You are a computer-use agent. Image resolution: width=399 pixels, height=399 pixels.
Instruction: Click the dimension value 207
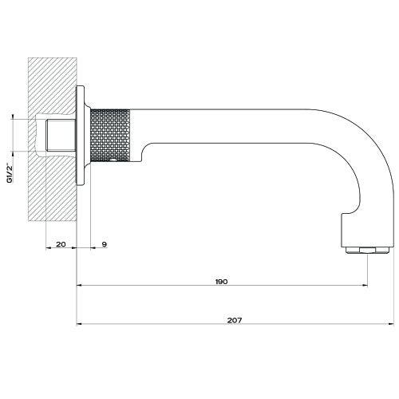pyautogui.click(x=233, y=319)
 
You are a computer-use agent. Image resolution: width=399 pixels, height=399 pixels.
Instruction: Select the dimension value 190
pyautogui.click(x=221, y=280)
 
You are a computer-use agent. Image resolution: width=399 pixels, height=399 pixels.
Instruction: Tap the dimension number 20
pyautogui.click(x=61, y=244)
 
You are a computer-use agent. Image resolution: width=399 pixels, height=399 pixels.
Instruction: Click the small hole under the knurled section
pyautogui.click(x=117, y=160)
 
